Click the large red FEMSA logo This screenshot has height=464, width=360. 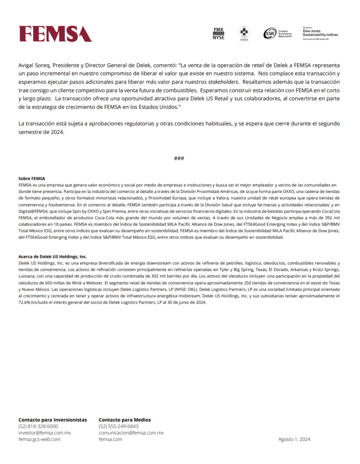55,34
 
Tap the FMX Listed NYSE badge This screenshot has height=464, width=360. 219,34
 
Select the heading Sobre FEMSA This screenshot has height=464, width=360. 32,179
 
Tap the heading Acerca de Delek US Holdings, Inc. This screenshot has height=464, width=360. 52,256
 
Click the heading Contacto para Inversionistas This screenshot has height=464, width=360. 53,420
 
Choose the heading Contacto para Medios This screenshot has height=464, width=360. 125,420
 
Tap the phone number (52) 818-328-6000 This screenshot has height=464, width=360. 38,426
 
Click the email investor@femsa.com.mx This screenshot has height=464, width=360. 45,433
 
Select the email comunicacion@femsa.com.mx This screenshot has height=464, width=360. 131,433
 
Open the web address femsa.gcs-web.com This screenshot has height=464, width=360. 39,439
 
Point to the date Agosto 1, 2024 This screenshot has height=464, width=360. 294,439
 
